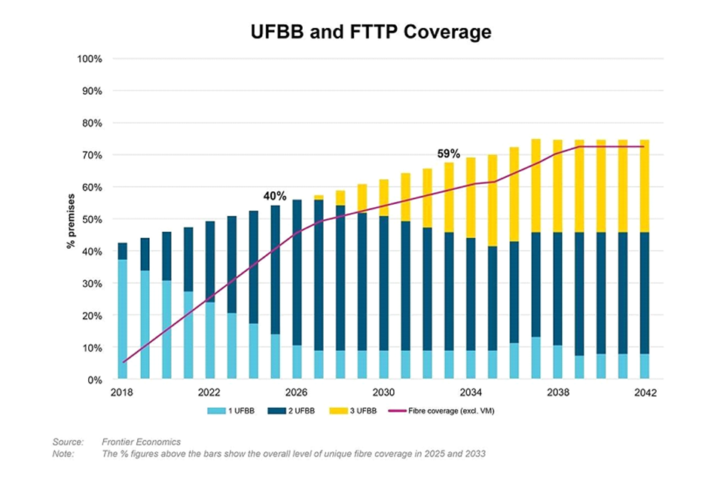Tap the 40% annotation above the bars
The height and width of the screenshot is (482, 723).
[x=274, y=196]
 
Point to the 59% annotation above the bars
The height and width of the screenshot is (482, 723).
[x=450, y=154]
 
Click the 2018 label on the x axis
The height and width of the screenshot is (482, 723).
[x=122, y=393]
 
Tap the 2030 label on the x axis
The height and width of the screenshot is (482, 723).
[x=384, y=393]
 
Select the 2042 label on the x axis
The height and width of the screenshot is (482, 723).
[x=646, y=393]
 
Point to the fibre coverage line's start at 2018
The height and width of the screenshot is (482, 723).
[x=123, y=362]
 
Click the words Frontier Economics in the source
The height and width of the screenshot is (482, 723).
[x=142, y=441]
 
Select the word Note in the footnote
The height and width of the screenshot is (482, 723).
[x=63, y=453]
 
